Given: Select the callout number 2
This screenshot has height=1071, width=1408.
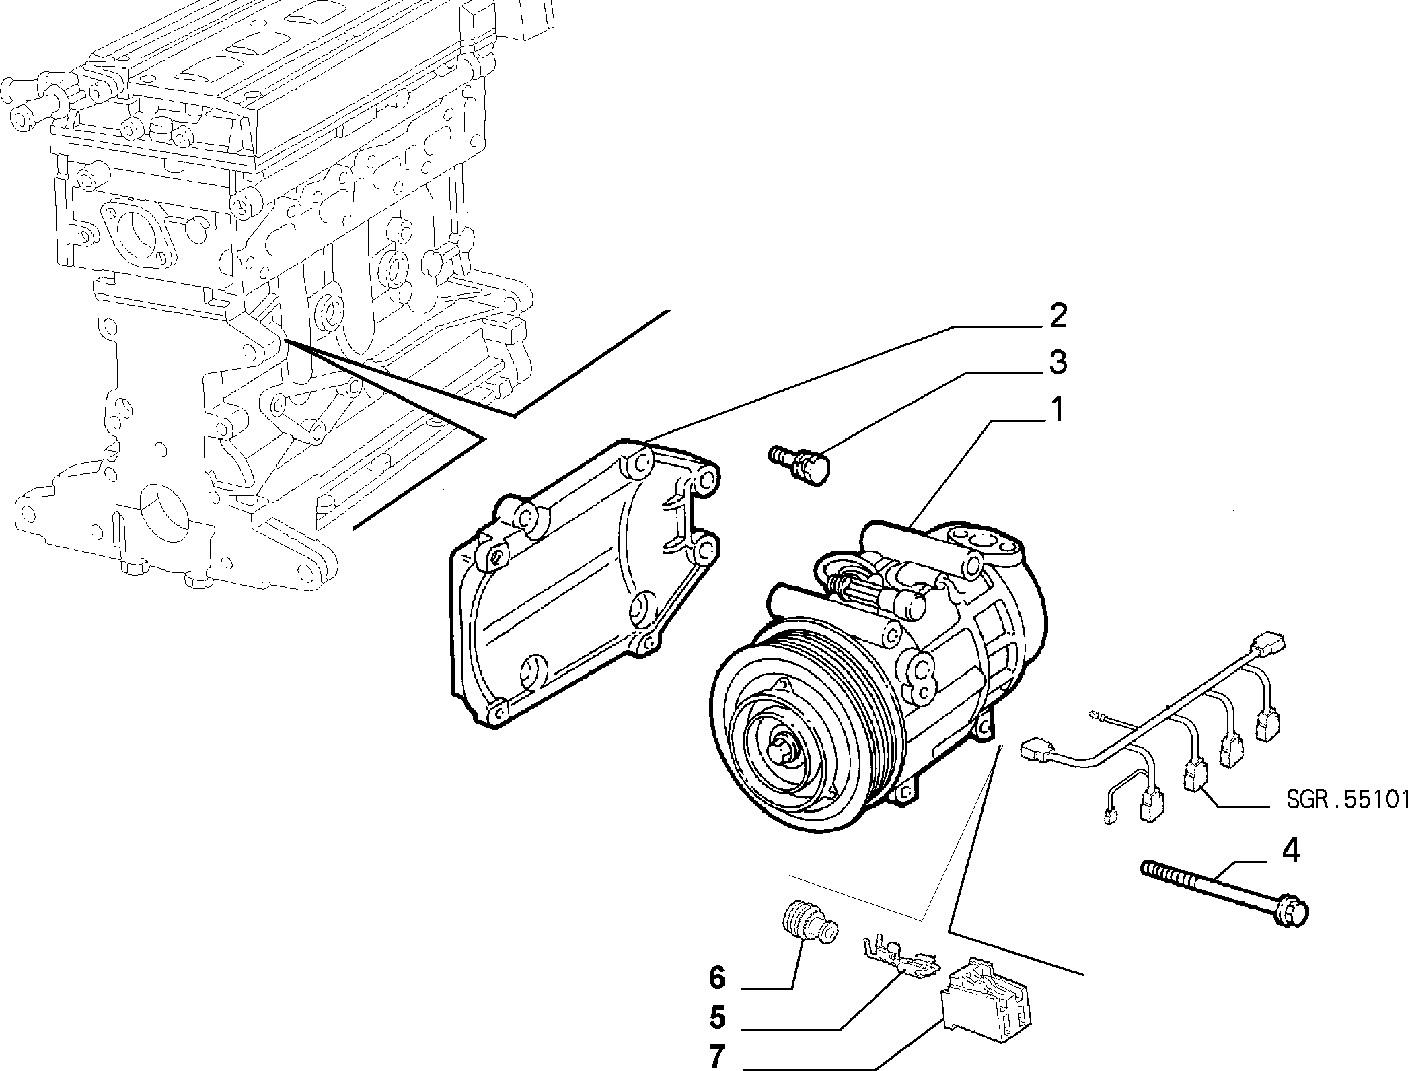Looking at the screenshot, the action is pos(1058,316).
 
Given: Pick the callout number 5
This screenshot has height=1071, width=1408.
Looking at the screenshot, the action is pos(717,1017).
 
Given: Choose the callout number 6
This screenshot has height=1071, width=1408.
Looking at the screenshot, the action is pos(717,977).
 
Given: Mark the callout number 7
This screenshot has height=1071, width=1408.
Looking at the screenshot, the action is pos(717,1057).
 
